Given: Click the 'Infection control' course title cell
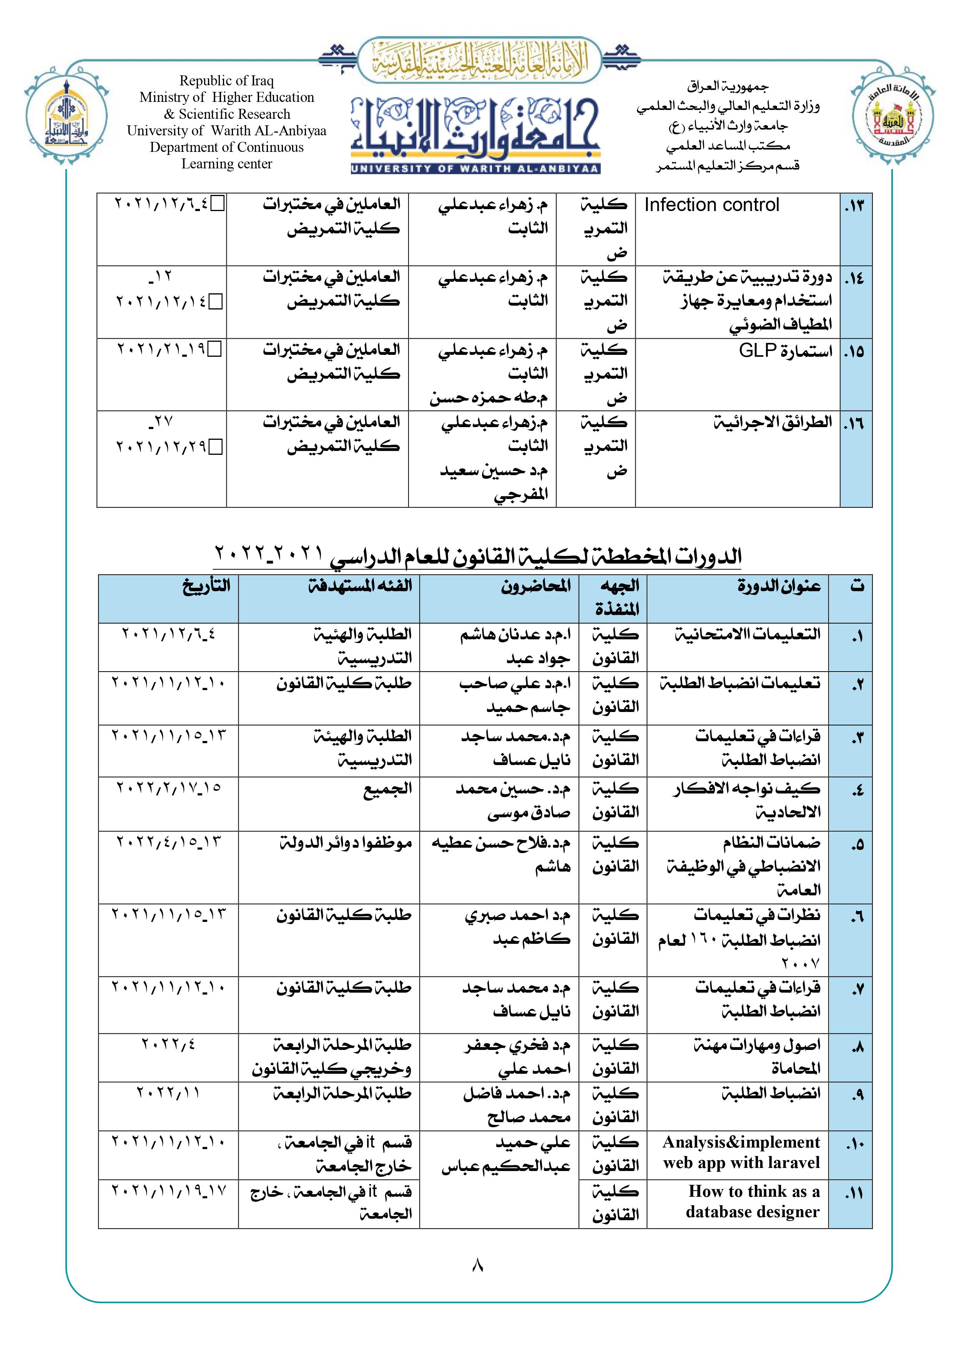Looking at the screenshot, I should coord(711,205).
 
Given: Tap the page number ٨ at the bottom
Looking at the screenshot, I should coord(477,1264).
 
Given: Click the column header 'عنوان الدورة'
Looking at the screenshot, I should coord(779,586).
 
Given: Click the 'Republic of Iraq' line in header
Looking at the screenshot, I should coord(227,80).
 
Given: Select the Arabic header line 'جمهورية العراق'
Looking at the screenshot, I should coord(728,86).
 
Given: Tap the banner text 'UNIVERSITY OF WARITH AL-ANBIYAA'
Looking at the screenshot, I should coord(475,169).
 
